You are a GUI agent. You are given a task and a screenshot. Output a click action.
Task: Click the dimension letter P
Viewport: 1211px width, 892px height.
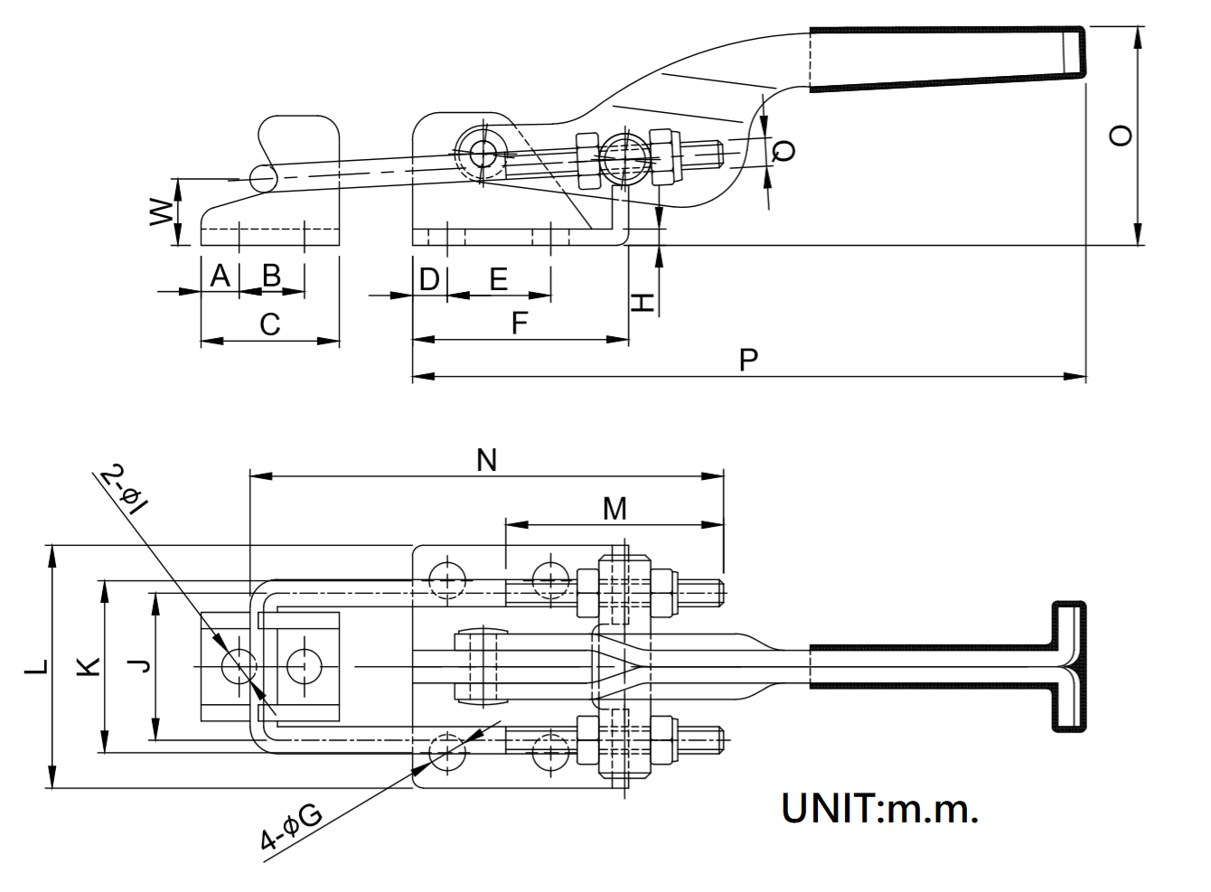747,360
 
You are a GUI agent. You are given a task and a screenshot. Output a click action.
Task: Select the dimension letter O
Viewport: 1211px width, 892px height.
1120,136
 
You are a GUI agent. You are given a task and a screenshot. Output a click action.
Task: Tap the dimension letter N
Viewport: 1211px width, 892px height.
487,460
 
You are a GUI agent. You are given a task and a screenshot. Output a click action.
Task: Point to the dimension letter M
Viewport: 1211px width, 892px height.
615,509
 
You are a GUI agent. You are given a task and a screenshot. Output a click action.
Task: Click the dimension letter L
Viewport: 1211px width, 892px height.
36,667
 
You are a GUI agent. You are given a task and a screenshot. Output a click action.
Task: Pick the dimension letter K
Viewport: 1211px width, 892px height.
87,667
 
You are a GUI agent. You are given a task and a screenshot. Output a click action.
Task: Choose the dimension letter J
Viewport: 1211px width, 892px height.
137,667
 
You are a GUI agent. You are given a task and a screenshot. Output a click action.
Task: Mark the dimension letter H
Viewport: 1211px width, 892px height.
642,302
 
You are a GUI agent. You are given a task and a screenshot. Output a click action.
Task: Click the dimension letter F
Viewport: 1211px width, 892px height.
519,323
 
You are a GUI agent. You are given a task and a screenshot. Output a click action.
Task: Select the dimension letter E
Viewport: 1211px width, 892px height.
498,279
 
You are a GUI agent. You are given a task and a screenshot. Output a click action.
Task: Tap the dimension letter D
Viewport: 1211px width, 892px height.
429,279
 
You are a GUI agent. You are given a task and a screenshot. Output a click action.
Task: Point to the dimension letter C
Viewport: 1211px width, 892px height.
269,324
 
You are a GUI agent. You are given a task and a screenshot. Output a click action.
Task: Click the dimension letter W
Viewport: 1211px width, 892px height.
161,212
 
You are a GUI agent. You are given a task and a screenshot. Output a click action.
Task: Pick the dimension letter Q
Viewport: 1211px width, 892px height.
785,150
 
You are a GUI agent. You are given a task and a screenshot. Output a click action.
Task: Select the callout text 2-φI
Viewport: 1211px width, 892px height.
124,489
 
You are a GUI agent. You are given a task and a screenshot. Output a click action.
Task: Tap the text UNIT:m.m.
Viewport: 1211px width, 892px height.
879,808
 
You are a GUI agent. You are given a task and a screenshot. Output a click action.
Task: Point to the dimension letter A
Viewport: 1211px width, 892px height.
220,275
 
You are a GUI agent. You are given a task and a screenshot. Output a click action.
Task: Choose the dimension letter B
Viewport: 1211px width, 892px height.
271,275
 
